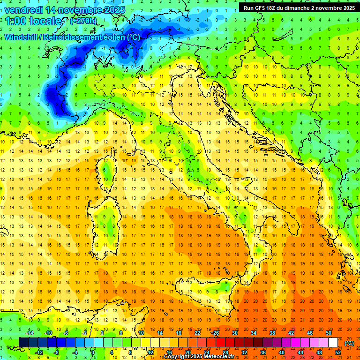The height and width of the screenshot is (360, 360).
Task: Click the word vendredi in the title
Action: click(24, 10)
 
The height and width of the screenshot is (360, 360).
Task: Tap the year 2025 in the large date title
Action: click(113, 10)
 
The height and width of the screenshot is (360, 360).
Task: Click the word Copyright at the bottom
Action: click(177, 357)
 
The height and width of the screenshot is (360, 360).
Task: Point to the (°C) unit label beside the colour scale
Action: click(349, 343)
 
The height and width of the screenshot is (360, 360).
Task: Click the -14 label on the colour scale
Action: click(29, 333)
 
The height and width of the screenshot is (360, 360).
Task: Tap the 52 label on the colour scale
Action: click(338, 352)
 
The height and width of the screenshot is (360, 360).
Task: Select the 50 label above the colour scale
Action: click(329, 333)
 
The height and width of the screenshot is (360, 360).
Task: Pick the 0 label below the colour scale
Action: click(93, 352)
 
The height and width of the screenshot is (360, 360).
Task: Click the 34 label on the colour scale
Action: click(254, 333)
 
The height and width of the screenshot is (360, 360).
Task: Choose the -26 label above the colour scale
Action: click(216, 333)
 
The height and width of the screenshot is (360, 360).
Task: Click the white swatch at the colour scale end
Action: click(333, 342)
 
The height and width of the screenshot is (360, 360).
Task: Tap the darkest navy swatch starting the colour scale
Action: click(23, 342)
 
